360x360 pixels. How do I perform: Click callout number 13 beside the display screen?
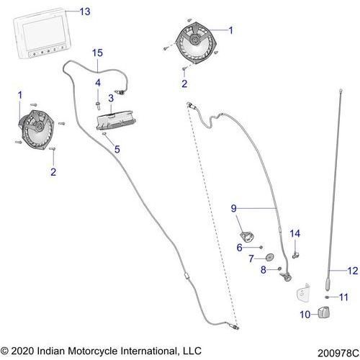coord(85,12)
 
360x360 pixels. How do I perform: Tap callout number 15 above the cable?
coord(97,53)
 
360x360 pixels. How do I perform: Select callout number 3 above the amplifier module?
coord(111,98)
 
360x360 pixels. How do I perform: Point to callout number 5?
coord(117,149)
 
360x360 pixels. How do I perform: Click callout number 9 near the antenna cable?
coord(234,208)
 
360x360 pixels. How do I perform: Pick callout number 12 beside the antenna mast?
coord(353,271)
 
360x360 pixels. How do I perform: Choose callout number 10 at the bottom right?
coord(305,315)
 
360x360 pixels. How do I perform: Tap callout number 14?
coord(295,233)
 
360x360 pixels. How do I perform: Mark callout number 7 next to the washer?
coord(251,258)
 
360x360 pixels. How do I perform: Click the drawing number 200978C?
coord(338,353)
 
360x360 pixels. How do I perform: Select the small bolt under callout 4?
coord(98,105)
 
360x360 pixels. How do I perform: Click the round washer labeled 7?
coord(270,257)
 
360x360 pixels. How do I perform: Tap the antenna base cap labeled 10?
coord(324,312)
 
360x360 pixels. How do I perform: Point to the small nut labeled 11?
coord(327,297)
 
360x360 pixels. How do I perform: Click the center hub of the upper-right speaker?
coord(194,39)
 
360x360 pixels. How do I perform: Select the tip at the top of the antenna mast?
coord(341,91)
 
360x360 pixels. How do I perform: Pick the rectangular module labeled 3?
coord(116,120)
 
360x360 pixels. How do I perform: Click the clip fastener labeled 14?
coord(295,255)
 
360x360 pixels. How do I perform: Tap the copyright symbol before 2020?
coord(4,351)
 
